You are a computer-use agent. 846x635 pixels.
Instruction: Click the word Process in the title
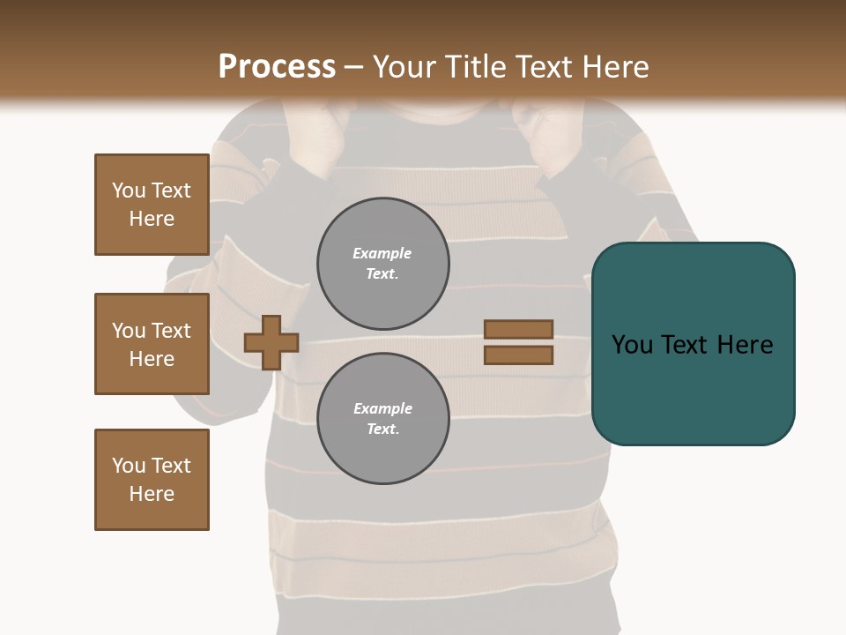click(x=277, y=67)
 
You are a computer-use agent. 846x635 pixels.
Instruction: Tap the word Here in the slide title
click(x=614, y=67)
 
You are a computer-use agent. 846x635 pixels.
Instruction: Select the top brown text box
click(x=152, y=205)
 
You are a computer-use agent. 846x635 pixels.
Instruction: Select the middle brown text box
click(x=152, y=344)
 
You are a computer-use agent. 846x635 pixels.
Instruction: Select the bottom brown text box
click(x=152, y=480)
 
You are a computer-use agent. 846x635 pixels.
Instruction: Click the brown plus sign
click(x=271, y=342)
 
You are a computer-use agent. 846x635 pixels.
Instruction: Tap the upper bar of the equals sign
click(x=518, y=329)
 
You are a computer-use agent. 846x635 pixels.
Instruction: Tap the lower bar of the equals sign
click(x=518, y=355)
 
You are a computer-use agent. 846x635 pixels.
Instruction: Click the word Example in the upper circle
click(x=382, y=253)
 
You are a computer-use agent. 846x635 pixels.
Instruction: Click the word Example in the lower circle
click(x=382, y=408)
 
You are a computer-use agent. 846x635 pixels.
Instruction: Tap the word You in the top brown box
click(x=128, y=190)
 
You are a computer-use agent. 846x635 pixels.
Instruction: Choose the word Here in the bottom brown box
click(x=152, y=494)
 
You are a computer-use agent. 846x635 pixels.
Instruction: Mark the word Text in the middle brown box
click(x=170, y=331)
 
